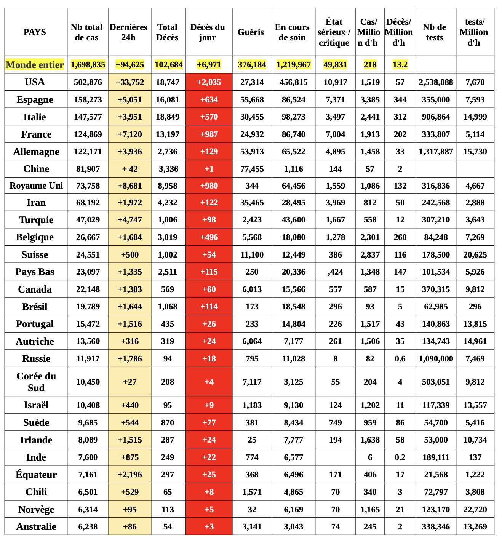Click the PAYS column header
(35, 32)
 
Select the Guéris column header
(251, 32)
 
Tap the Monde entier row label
(35, 65)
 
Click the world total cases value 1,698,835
(88, 65)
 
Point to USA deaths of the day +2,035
(209, 82)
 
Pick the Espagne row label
(35, 99)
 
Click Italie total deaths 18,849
(168, 117)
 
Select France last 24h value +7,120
(130, 134)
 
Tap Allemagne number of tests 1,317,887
(436, 152)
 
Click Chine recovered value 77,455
(252, 169)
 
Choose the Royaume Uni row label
(36, 186)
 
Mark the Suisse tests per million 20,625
(475, 254)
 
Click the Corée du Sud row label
(36, 382)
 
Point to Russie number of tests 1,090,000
(436, 358)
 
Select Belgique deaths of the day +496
(209, 237)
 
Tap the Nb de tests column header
(435, 32)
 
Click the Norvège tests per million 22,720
(475, 509)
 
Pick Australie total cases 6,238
(88, 526)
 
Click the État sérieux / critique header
(334, 32)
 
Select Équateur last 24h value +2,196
(130, 475)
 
